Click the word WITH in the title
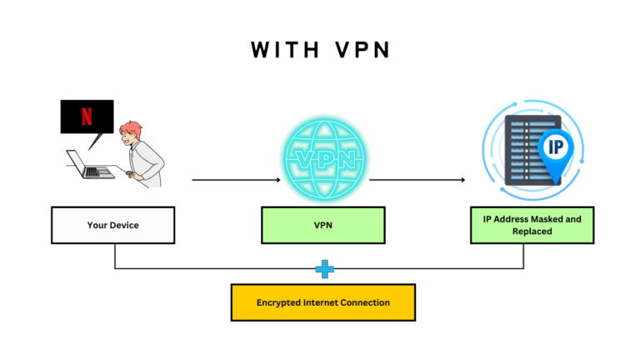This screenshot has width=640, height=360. coord(284,50)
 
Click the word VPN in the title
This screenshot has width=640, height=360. coord(360,50)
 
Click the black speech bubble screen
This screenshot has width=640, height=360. coord(87,117)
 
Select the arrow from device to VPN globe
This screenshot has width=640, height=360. coord(236,179)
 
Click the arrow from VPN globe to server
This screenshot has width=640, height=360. coord(417,179)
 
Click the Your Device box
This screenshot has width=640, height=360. coord(112,225)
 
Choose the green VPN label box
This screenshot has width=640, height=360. coord(322,225)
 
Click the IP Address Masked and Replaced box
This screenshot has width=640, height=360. coord(532,225)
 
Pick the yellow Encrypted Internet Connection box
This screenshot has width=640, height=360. coord(322,302)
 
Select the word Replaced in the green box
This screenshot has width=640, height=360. coord(532,231)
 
